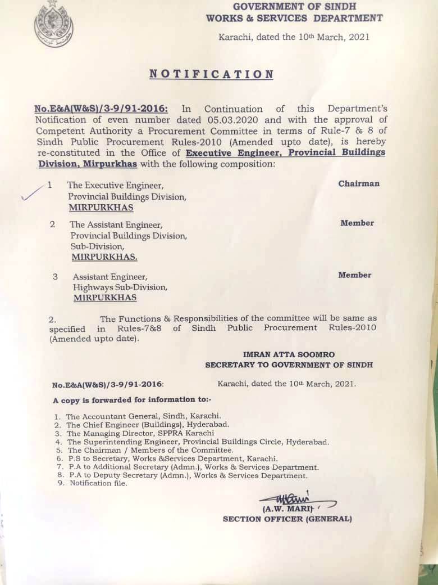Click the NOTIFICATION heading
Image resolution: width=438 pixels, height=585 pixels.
211,74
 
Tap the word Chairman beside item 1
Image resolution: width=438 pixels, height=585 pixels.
359,184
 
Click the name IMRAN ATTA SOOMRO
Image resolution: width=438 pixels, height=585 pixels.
289,354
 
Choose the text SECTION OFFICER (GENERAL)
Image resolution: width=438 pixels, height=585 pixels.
287,519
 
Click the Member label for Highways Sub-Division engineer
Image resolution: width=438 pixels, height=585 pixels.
354,275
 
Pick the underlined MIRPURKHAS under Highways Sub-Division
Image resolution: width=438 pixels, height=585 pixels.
105,298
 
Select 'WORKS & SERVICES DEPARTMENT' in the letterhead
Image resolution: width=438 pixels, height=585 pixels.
294,18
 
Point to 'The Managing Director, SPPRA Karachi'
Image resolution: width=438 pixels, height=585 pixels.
140,434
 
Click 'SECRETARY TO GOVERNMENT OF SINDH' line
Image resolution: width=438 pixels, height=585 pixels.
289,365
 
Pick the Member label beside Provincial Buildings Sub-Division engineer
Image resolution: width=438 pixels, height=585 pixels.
357,223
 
